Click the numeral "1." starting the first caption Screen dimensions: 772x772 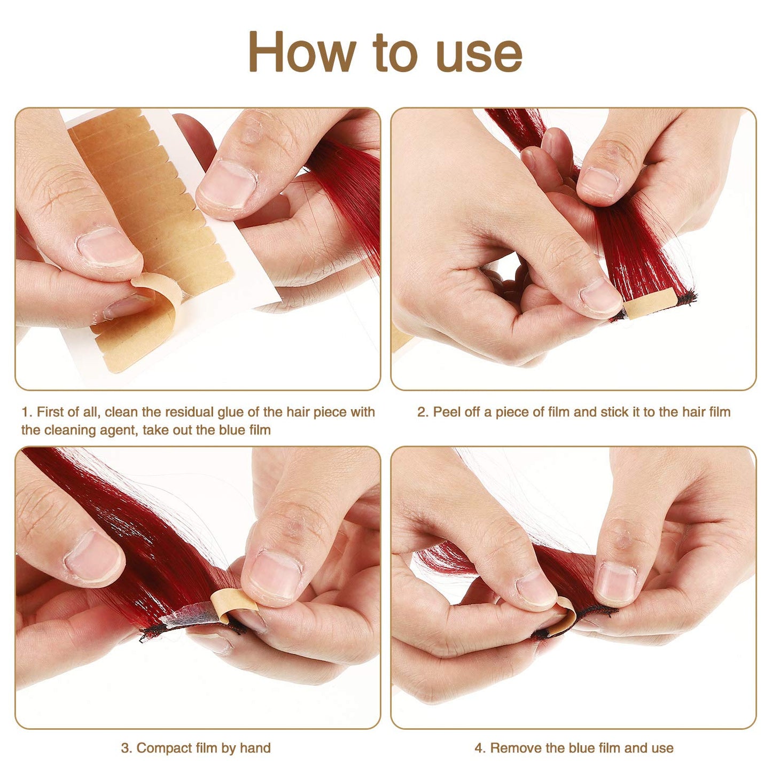[27, 412]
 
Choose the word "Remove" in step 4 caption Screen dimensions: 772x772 [514, 748]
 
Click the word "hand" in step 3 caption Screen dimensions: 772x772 [255, 748]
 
